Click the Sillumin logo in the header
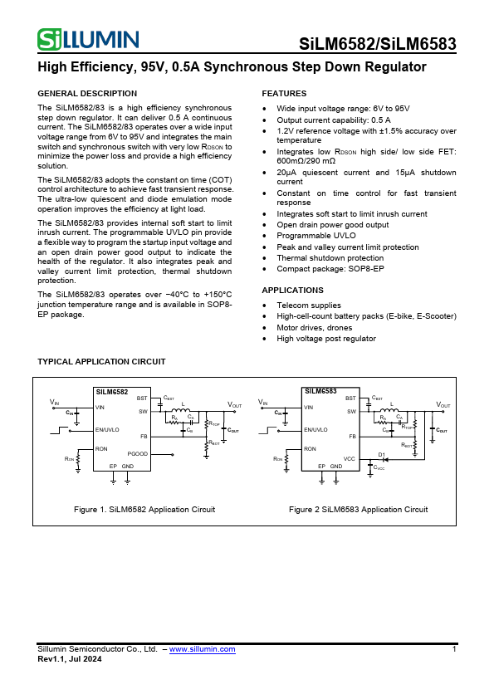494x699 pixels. [x=88, y=39]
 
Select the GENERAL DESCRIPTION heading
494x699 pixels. [x=87, y=94]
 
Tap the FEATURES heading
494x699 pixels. [x=284, y=94]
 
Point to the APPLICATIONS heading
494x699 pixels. [x=292, y=291]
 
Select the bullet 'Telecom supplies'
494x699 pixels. [x=308, y=306]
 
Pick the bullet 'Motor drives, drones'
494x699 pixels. [x=314, y=327]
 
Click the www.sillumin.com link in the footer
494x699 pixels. [x=202, y=649]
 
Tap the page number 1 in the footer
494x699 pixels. [x=454, y=649]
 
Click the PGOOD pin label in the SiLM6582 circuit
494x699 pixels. [x=138, y=454]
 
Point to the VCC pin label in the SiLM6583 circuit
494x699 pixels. [x=349, y=458]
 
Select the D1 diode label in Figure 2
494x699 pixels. [x=382, y=454]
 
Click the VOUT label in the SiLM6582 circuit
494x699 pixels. [x=234, y=405]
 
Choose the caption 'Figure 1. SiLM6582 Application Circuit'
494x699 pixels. [x=144, y=510]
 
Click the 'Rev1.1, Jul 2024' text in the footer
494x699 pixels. [x=70, y=659]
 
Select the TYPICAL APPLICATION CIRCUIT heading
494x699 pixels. [x=101, y=362]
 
